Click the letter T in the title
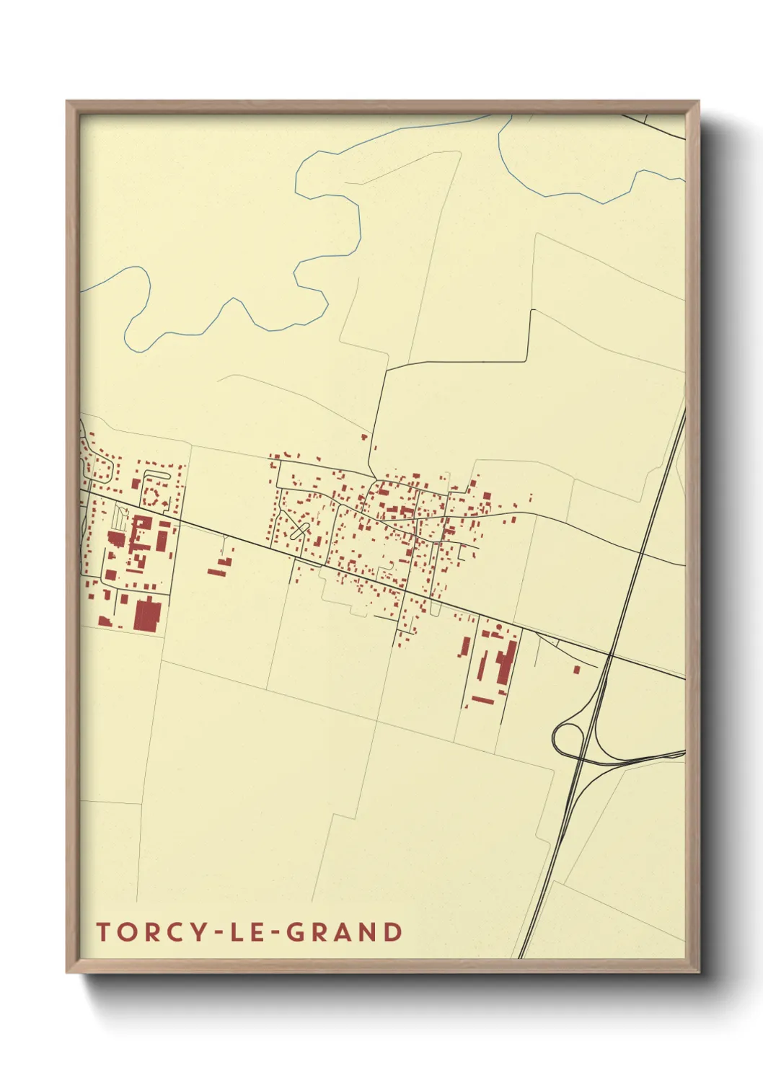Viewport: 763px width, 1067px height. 102,932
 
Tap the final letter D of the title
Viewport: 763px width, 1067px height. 393,932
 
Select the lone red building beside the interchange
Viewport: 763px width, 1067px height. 576,670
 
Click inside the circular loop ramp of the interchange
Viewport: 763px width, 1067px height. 568,737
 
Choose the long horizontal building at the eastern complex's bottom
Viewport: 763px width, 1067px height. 482,699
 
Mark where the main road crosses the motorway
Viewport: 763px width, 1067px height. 610,655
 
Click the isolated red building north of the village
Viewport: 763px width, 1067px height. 364,436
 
